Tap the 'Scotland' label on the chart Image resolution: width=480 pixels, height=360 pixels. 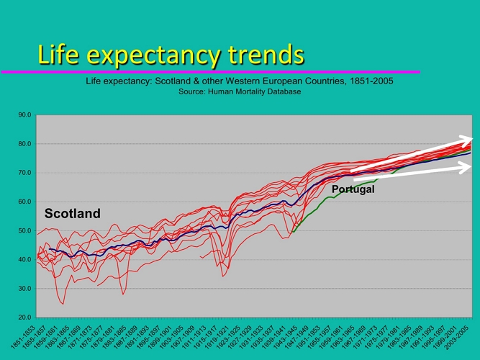coord(73,214)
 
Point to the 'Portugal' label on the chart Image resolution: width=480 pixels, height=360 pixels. coord(353,189)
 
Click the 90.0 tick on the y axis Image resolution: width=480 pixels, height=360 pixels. coord(24,115)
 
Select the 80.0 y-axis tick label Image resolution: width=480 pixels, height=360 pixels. coord(24,144)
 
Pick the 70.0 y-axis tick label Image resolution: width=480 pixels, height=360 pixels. coord(24,173)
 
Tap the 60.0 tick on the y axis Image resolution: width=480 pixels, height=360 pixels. coord(24,202)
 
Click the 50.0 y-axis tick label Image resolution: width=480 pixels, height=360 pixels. coord(24,230)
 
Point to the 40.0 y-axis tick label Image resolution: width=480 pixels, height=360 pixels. coord(24,259)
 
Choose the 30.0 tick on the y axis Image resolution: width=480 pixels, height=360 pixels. coord(24,288)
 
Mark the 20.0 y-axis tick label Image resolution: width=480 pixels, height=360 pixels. coord(24,317)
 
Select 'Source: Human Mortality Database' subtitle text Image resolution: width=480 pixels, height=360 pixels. coord(240,91)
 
